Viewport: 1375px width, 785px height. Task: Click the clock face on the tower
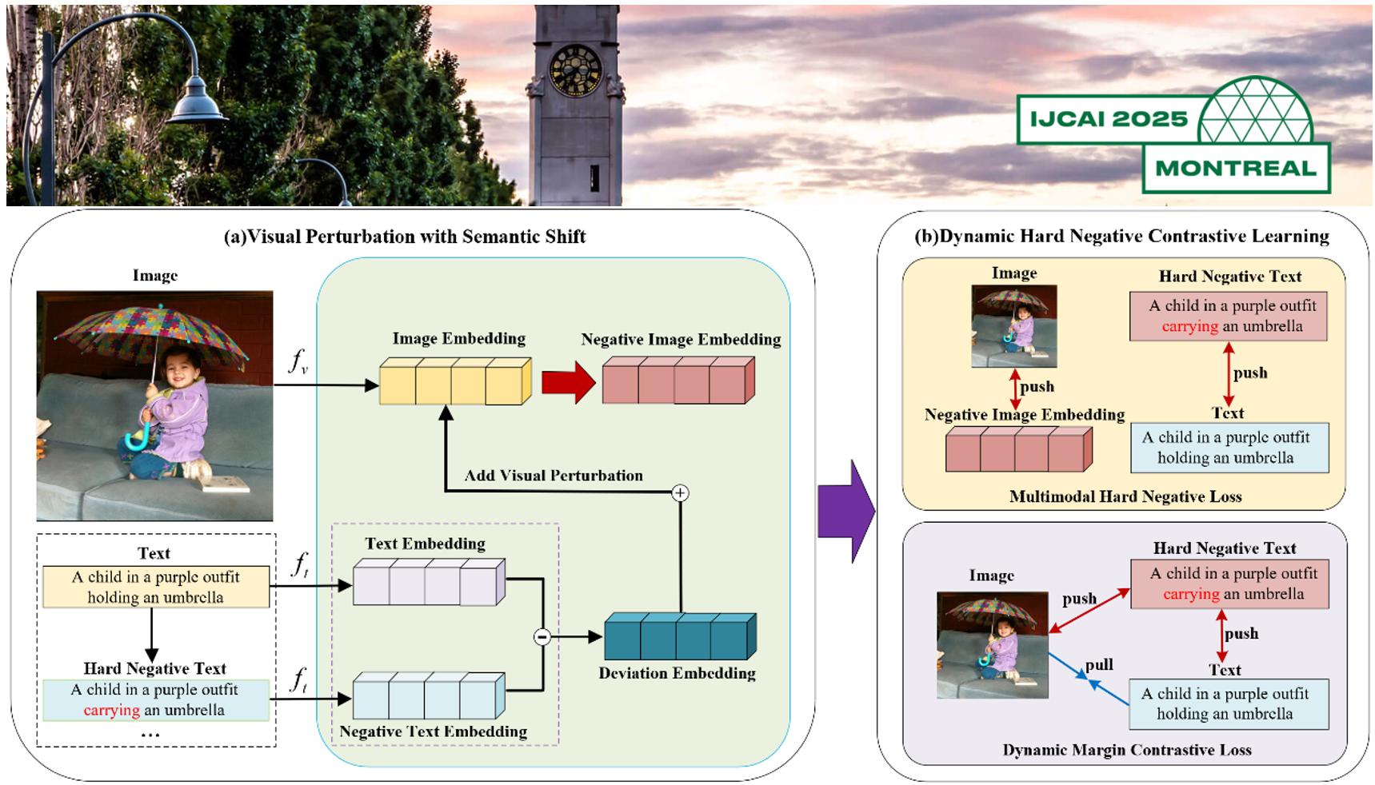click(575, 70)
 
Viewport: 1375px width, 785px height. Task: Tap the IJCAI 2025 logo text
click(1109, 119)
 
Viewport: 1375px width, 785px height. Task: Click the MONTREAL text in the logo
click(1236, 169)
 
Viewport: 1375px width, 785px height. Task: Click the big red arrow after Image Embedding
click(568, 383)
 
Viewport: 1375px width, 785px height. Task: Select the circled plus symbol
click(680, 492)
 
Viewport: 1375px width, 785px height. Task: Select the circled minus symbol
click(542, 637)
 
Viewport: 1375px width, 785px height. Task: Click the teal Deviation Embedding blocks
click(679, 637)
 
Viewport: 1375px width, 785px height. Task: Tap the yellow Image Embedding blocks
click(454, 382)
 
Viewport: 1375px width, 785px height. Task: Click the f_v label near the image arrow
click(298, 362)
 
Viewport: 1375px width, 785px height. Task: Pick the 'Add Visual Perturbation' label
click(554, 476)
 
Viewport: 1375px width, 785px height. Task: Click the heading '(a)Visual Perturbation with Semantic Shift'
click(405, 237)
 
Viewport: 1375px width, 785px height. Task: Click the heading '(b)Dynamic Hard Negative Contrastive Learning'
click(1121, 237)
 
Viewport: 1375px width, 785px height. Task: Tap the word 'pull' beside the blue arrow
click(1099, 665)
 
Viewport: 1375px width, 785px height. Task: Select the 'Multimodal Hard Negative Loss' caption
click(1125, 496)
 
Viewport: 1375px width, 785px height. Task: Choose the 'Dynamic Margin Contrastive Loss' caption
click(1126, 750)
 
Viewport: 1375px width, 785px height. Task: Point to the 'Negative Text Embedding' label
click(433, 731)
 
